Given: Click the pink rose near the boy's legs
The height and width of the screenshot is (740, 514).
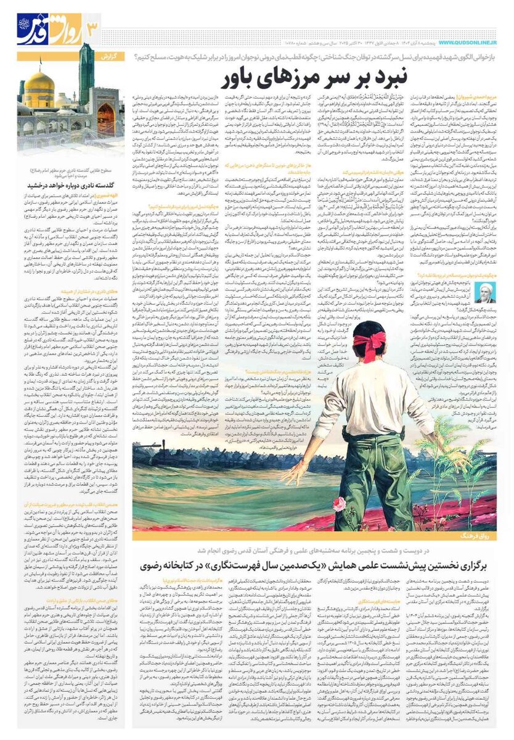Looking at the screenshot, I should pos(339,504).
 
